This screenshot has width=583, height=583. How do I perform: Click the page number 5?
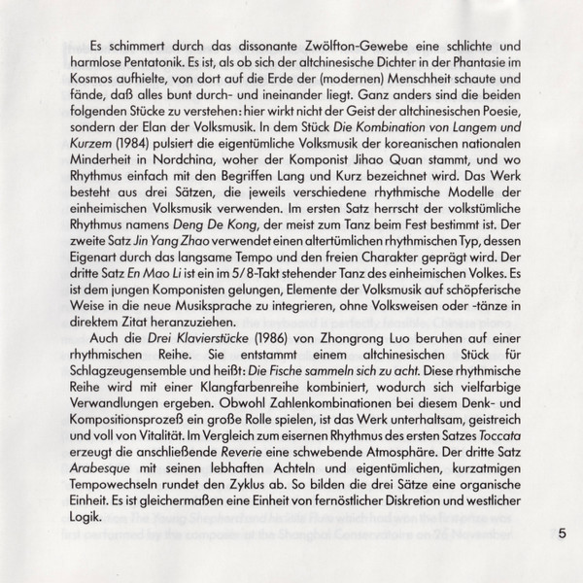pyautogui.click(x=562, y=532)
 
